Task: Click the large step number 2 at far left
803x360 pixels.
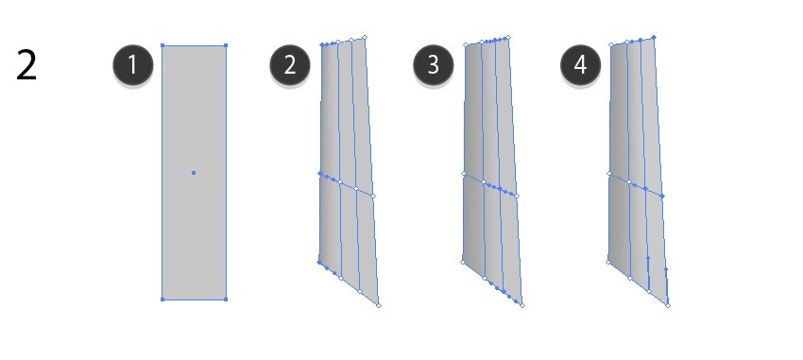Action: tap(26, 65)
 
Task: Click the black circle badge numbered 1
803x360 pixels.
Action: tap(133, 65)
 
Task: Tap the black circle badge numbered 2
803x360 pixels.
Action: tap(290, 65)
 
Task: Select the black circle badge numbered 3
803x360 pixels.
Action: tap(434, 65)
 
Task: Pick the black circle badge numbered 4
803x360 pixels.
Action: tap(581, 65)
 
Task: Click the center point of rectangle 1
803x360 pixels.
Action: tap(194, 173)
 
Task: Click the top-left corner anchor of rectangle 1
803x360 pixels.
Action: tap(162, 45)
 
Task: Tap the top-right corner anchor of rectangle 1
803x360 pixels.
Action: tap(226, 45)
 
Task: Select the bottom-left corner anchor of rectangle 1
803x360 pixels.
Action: tap(162, 300)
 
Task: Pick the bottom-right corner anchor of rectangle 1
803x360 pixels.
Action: tap(226, 300)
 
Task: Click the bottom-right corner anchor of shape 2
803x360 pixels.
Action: tap(379, 306)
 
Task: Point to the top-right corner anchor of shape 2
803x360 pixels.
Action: tap(365, 37)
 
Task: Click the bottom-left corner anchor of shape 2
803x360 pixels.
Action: tap(319, 262)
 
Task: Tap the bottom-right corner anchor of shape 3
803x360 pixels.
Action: tap(522, 306)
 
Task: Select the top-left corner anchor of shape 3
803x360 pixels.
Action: tap(466, 45)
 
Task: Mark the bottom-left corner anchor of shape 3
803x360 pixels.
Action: tap(463, 262)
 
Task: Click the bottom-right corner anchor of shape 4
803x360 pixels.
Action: tap(668, 306)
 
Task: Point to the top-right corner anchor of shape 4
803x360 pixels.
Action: tap(654, 38)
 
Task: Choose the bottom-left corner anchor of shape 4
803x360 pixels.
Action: tap(607, 262)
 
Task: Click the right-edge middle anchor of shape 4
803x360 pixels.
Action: tap(662, 197)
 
